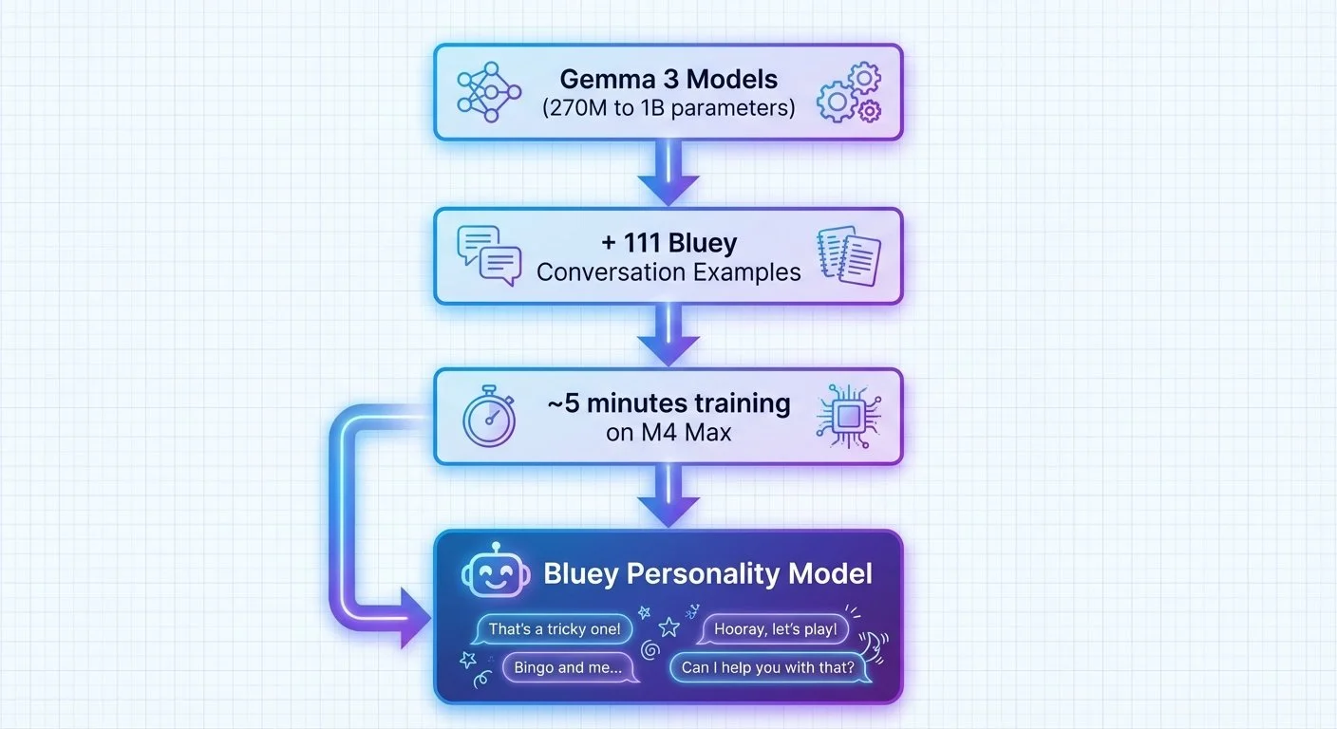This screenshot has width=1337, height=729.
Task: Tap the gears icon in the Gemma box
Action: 848,92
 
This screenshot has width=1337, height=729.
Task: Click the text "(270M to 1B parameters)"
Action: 668,107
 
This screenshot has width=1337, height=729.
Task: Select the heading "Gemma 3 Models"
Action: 668,78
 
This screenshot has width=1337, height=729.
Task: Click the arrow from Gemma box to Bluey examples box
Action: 668,174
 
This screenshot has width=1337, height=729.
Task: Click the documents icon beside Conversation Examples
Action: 848,255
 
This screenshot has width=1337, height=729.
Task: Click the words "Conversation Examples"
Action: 668,272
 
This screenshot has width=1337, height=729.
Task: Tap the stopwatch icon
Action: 488,419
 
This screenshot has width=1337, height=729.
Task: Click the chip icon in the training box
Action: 848,416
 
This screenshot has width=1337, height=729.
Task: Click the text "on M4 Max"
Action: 668,434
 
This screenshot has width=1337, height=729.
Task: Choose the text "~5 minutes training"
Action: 668,403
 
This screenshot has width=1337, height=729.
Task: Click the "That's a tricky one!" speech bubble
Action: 554,628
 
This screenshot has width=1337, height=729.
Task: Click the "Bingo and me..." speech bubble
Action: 568,667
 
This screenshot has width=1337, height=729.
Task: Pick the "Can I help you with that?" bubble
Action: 767,667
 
